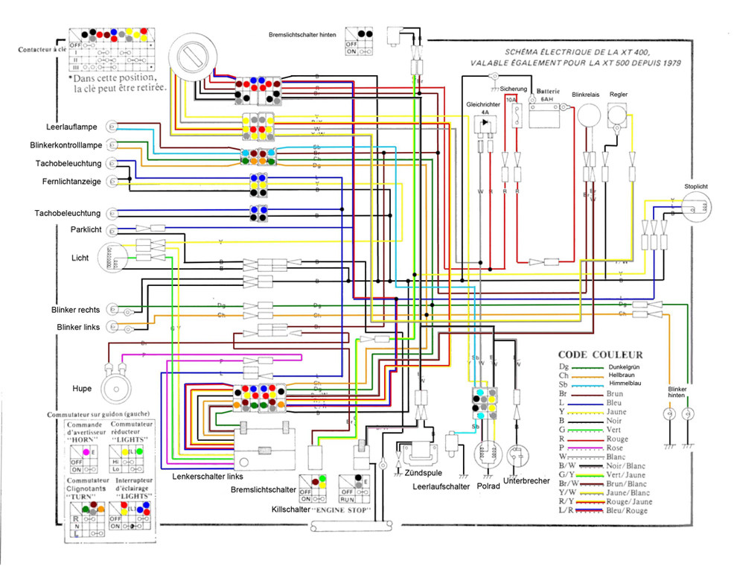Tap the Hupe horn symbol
pyautogui.click(x=118, y=382)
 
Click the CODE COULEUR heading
pyautogui.click(x=600, y=355)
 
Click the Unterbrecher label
pyautogui.click(x=526, y=480)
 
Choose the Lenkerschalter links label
pyautogui.click(x=207, y=476)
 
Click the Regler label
pyautogui.click(x=618, y=95)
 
